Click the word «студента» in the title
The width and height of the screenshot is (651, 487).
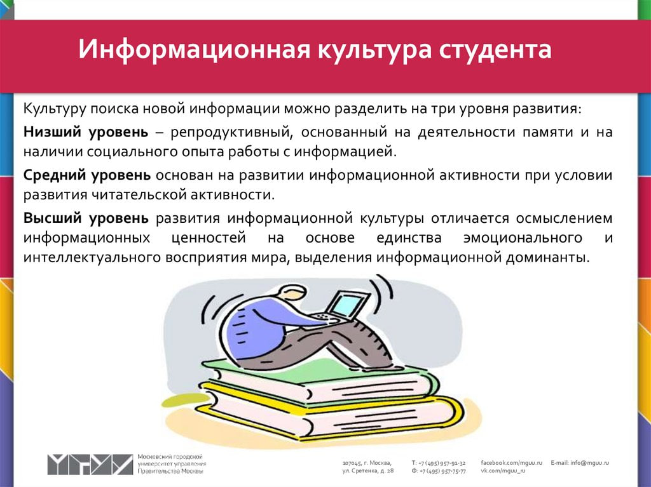pyautogui.click(x=495, y=50)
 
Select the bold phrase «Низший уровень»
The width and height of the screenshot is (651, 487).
pyautogui.click(x=86, y=132)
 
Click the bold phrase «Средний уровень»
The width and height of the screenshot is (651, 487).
pyautogui.click(x=86, y=175)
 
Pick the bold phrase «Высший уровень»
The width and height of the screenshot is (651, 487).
pyautogui.click(x=86, y=218)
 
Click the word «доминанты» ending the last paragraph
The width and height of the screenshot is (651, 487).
pyautogui.click(x=547, y=258)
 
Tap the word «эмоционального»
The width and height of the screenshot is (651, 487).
pyautogui.click(x=523, y=238)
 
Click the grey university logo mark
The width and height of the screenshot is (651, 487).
pyautogui.click(x=90, y=464)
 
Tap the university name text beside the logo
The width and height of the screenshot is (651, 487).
pyautogui.click(x=172, y=464)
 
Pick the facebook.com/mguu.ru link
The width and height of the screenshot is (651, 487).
pyautogui.click(x=512, y=463)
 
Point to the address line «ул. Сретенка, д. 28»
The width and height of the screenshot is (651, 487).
pyautogui.click(x=368, y=471)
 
